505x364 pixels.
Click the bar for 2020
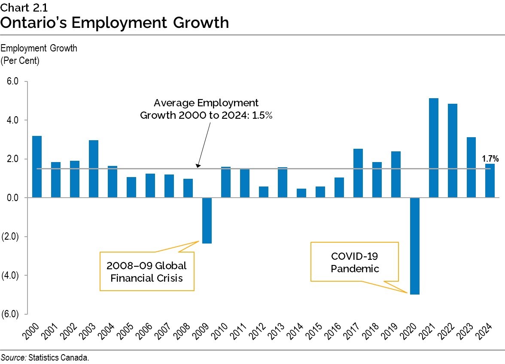(x=414, y=246)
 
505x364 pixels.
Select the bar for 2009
(x=207, y=220)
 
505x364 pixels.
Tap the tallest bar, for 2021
(x=433, y=148)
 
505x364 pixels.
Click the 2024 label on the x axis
(x=487, y=332)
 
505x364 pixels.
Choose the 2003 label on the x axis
(x=90, y=332)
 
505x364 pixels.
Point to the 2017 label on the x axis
(x=354, y=332)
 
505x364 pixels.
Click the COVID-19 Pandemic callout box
(x=355, y=262)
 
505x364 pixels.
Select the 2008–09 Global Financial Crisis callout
(x=146, y=272)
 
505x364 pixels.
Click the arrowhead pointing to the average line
(x=198, y=165)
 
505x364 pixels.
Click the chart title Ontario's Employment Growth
(x=114, y=22)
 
